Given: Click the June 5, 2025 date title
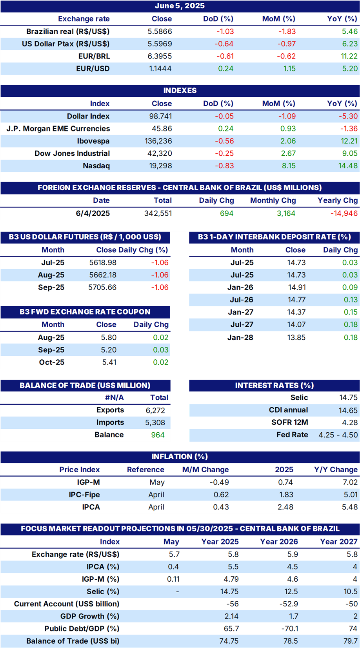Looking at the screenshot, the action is coord(180,6).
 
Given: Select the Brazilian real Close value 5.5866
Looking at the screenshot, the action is coord(160,31).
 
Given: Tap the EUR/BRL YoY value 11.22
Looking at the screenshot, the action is coord(349,56).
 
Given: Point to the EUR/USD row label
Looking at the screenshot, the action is coord(93,69).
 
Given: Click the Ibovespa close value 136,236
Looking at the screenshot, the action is coord(158,141).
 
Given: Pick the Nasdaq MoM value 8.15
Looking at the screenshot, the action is coord(289,166).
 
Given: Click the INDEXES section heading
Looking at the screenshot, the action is coord(180,91).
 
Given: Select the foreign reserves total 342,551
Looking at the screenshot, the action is coord(158,213).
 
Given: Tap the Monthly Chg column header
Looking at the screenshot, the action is coord(273,200).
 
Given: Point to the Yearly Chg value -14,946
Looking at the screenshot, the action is coord(344,213).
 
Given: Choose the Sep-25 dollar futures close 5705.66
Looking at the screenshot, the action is coord(102,287).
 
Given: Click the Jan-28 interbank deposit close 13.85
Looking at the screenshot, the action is coord(296,337).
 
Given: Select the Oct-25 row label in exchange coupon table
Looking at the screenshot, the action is coord(51,362).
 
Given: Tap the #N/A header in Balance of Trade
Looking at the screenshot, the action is coord(114,397).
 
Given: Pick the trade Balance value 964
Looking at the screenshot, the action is coord(158,435).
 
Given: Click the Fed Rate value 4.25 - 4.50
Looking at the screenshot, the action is coord(338,435).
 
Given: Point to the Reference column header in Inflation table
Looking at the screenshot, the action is coord(145,470).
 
